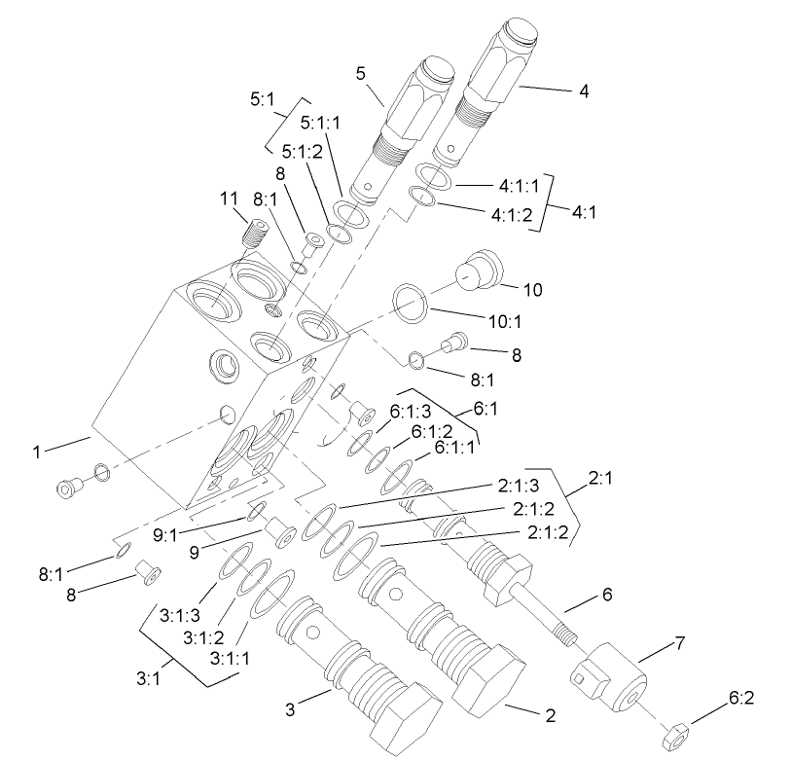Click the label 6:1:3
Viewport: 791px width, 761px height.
tap(412, 413)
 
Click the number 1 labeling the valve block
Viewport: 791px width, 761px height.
tap(36, 452)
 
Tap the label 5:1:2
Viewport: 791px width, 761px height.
tap(301, 152)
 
